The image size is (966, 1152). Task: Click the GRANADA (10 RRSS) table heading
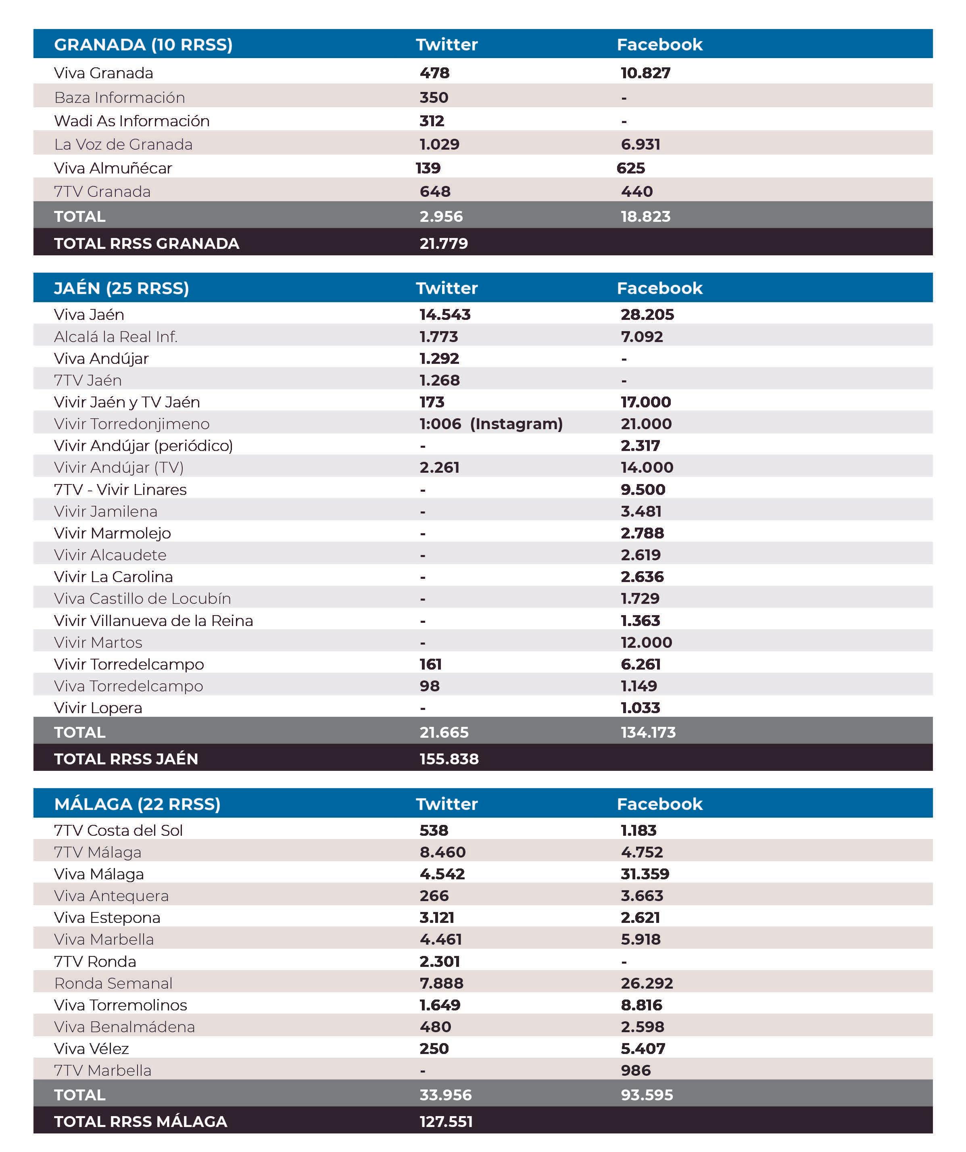point(143,44)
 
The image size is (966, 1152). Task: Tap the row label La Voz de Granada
point(123,144)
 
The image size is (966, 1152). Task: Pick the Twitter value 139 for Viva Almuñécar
point(428,168)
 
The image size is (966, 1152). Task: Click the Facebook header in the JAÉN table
point(659,288)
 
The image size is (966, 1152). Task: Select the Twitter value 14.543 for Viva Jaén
point(445,314)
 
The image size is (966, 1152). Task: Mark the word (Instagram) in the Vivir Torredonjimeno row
point(516,424)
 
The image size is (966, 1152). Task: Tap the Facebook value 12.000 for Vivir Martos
point(646,643)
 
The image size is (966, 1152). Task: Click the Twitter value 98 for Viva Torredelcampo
point(430,686)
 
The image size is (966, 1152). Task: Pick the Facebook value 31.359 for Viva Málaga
point(645,874)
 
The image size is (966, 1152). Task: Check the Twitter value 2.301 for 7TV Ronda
point(439,961)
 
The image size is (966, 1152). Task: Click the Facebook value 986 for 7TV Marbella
point(635,1070)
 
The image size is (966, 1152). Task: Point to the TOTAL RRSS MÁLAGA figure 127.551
point(446,1121)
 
